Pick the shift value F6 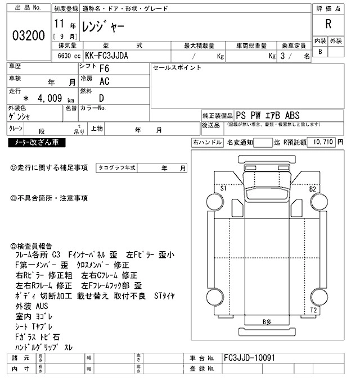click(x=104, y=69)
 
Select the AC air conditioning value click(x=104, y=82)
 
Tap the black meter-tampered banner click(x=37, y=143)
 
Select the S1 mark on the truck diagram click(x=223, y=188)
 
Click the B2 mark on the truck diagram click(x=312, y=189)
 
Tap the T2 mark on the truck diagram click(x=313, y=310)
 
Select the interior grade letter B click(x=320, y=52)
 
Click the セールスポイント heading click(x=177, y=68)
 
